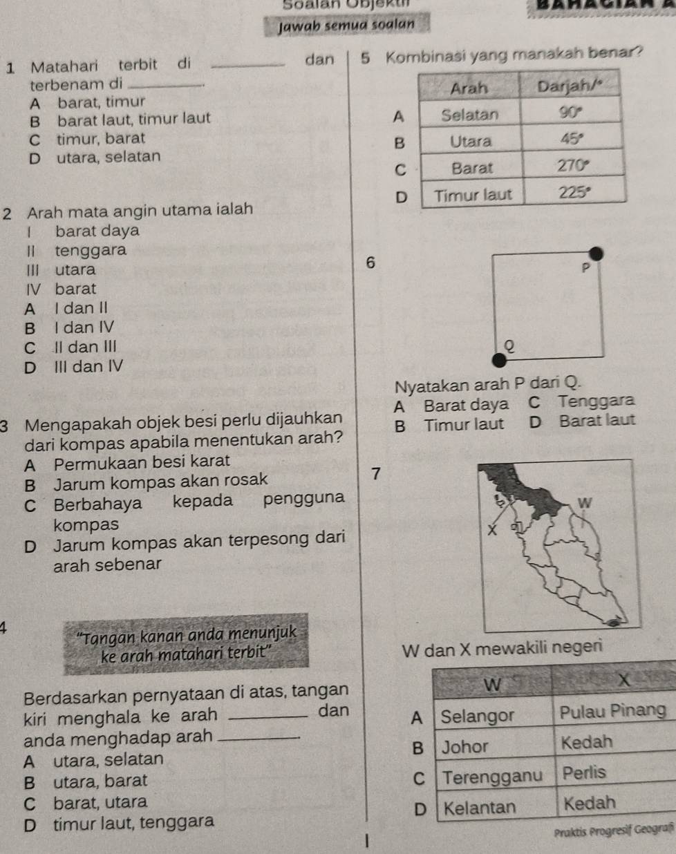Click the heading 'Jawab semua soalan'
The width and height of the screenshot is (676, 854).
tap(346, 24)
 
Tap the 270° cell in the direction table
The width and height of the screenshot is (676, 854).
tap(574, 168)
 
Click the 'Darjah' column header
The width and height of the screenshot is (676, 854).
tap(574, 88)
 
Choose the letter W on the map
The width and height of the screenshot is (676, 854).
tap(587, 502)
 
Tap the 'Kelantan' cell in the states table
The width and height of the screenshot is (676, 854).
tap(478, 806)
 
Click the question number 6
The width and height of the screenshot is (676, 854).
tap(370, 263)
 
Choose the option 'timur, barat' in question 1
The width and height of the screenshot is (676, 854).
tap(100, 137)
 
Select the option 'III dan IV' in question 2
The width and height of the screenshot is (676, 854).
tap(87, 366)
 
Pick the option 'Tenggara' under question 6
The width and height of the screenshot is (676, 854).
tap(597, 401)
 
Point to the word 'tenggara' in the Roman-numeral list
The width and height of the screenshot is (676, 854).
tap(91, 250)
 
